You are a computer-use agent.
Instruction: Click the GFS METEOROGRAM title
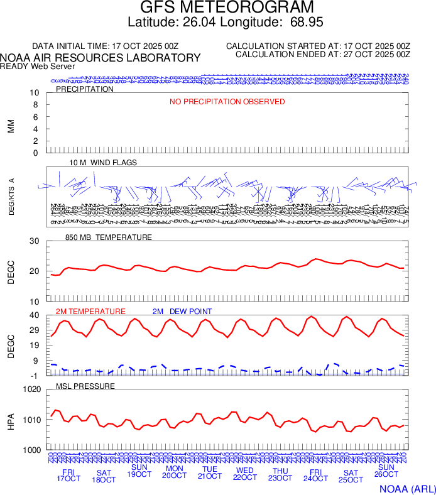point(227,8)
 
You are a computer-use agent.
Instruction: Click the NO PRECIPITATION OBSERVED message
point(227,102)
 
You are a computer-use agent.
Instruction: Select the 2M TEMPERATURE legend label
point(90,312)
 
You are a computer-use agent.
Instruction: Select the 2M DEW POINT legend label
point(182,312)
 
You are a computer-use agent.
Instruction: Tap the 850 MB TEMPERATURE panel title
point(109,237)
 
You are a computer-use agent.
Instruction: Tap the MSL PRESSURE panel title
point(85,386)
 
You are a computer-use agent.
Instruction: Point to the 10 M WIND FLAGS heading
point(103,163)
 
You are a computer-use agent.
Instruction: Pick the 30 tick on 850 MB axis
point(35,241)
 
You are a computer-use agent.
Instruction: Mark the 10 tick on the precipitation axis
point(35,93)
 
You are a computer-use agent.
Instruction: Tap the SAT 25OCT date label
point(351,476)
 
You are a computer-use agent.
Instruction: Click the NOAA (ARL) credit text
point(406,488)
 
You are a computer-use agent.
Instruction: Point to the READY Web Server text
point(37,66)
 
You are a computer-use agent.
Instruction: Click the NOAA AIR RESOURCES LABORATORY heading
point(101,58)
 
